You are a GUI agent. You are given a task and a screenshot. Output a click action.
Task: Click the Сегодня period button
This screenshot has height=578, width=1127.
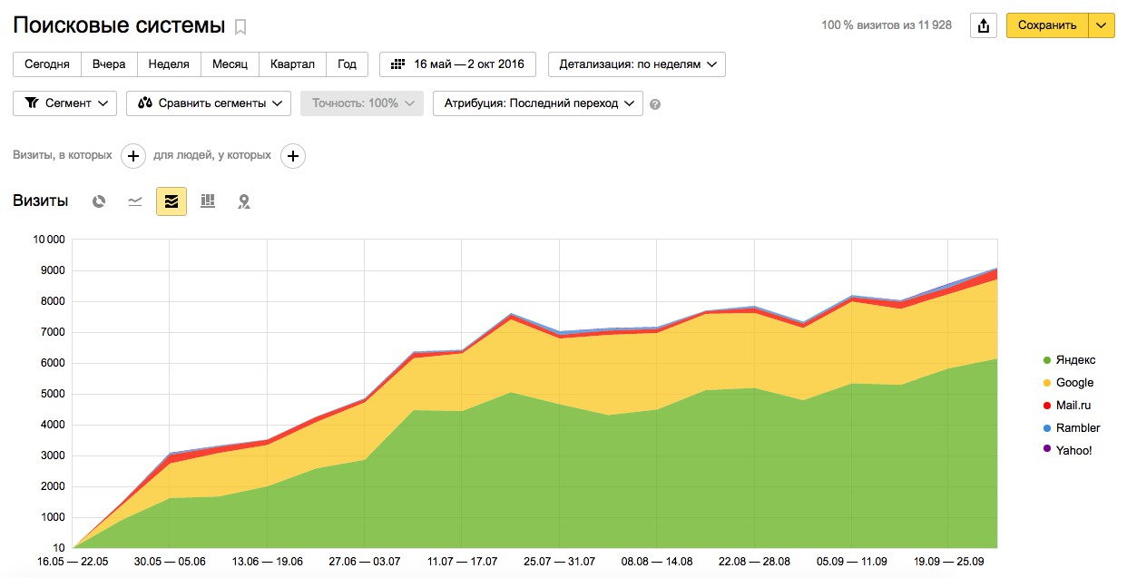pyautogui.click(x=47, y=64)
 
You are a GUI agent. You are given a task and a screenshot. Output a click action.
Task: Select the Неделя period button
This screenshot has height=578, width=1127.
pyautogui.click(x=169, y=64)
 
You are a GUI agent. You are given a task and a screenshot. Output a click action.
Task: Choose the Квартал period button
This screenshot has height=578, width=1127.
pyautogui.click(x=292, y=64)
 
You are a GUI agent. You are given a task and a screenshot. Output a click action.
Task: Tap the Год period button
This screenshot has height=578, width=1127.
pyautogui.click(x=347, y=64)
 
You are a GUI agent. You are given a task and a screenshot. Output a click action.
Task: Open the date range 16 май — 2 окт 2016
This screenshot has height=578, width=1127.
pyautogui.click(x=457, y=64)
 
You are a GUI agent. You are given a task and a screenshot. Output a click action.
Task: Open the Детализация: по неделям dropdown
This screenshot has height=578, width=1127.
pyautogui.click(x=636, y=64)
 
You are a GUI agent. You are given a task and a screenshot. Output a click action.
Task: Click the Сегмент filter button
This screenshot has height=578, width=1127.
pyautogui.click(x=65, y=103)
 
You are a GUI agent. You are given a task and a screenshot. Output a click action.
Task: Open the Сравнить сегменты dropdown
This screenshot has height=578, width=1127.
pyautogui.click(x=209, y=103)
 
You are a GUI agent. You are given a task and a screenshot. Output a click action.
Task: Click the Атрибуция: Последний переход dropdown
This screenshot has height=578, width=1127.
pyautogui.click(x=538, y=103)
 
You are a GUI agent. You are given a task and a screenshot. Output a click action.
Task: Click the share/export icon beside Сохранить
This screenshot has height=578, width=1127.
pyautogui.click(x=983, y=25)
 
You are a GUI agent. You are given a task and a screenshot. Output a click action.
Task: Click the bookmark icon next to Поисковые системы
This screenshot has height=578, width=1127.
pyautogui.click(x=240, y=26)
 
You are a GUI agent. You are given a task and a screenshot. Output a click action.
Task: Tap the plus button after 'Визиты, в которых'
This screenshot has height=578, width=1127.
pyautogui.click(x=133, y=156)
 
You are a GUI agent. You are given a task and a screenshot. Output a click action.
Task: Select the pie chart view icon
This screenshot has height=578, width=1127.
pyautogui.click(x=99, y=201)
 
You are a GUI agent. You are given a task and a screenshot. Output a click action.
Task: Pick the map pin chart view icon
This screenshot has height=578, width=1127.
pyautogui.click(x=243, y=201)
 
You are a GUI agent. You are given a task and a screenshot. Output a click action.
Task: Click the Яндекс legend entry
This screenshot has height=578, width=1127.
pyautogui.click(x=1074, y=360)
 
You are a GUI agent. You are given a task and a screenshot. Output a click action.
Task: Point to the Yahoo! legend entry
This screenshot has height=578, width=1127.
pyautogui.click(x=1073, y=451)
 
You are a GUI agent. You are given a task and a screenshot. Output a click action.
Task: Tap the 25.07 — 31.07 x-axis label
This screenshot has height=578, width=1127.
pyautogui.click(x=559, y=563)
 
